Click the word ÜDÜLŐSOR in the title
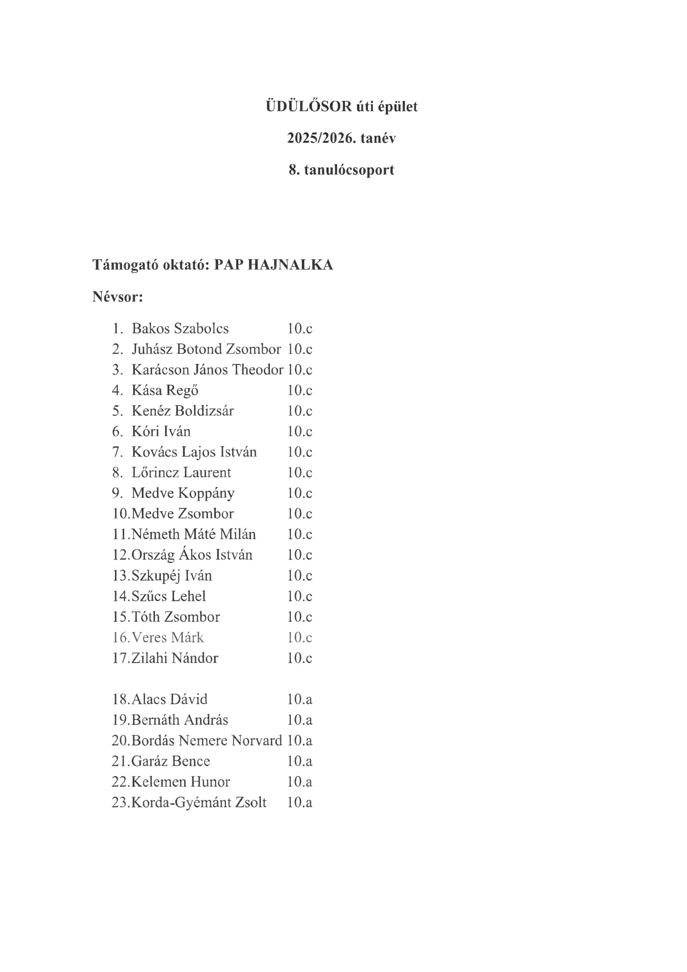[x=309, y=106]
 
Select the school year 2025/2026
[x=321, y=139]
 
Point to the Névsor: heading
[x=118, y=297]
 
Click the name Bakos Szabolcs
[x=180, y=328]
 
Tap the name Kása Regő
[x=165, y=390]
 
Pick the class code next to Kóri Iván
[x=300, y=431]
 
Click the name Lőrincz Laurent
[x=181, y=472]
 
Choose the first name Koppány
[x=206, y=493]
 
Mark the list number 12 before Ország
[x=121, y=555]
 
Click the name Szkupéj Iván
[x=172, y=575]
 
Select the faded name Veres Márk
[x=168, y=637]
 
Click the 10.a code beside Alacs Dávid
[x=300, y=699]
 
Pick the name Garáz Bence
[x=170, y=761]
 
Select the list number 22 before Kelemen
[x=120, y=782]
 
